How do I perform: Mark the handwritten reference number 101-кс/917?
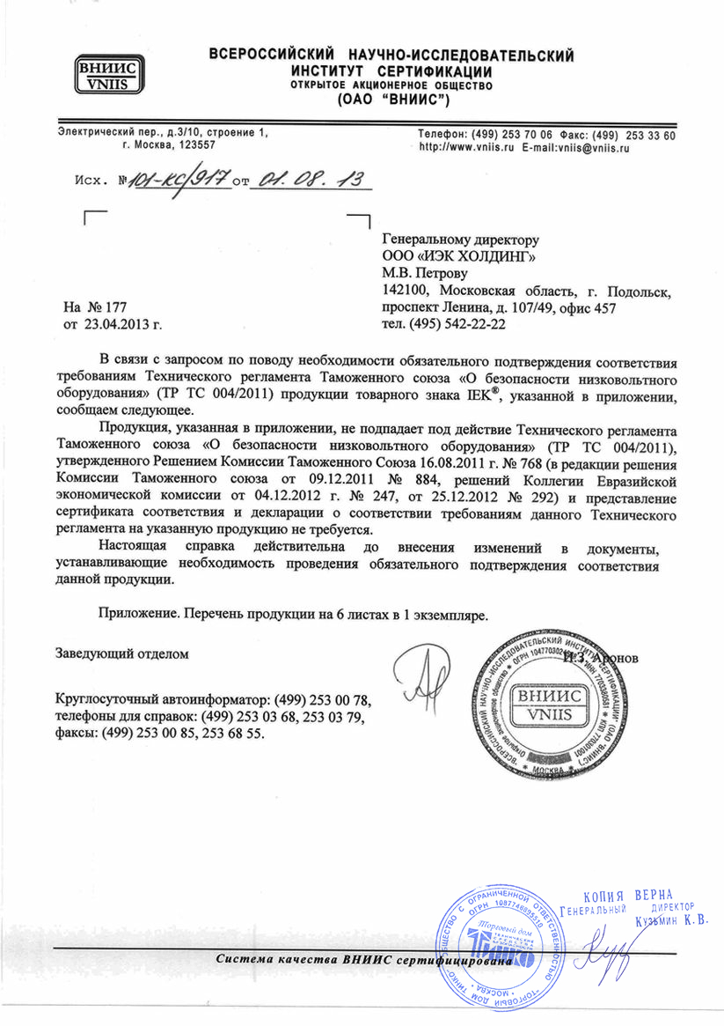click(178, 181)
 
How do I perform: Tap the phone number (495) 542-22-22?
click(444, 324)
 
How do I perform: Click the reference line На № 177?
click(97, 307)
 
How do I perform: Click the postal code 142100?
click(406, 290)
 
